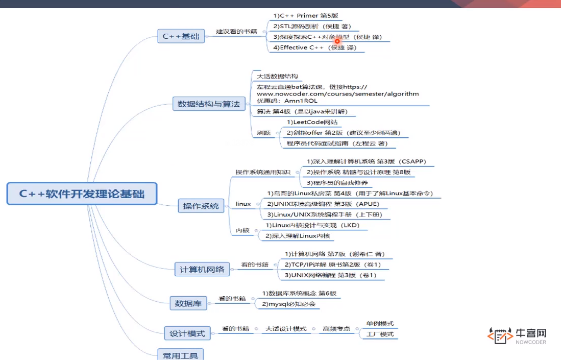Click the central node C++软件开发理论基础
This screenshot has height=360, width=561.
(x=82, y=194)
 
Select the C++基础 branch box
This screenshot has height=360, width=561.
(x=181, y=36)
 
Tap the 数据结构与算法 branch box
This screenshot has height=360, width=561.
(x=208, y=104)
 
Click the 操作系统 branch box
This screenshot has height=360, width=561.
(x=201, y=206)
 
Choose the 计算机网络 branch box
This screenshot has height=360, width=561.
(x=202, y=269)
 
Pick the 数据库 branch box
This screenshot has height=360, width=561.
(x=188, y=303)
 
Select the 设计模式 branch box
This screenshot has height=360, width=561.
(x=187, y=333)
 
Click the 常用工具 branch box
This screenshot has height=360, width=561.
(x=180, y=355)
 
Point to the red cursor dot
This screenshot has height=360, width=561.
(x=337, y=41)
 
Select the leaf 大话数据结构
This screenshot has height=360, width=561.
(x=277, y=76)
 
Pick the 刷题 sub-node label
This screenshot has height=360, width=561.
(x=263, y=133)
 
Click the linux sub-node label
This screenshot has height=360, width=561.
(x=243, y=204)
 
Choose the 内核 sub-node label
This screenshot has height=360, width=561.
(x=242, y=231)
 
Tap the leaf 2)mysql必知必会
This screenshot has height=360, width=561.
(x=288, y=304)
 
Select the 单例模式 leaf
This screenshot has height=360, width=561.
(x=380, y=324)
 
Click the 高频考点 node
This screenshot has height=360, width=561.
(x=336, y=329)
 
